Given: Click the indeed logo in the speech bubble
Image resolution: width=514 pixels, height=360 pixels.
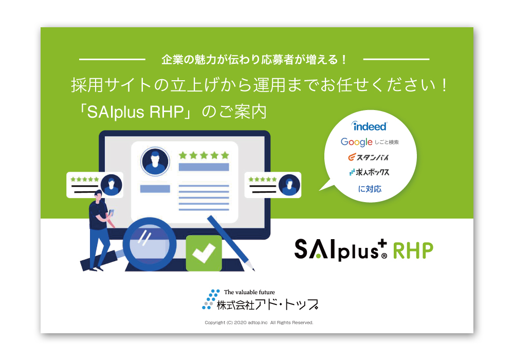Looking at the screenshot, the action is click(369, 126).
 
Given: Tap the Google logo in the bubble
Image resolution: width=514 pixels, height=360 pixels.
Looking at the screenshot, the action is click(356, 142).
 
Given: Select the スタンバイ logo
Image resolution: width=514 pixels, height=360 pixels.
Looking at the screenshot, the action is click(369, 157).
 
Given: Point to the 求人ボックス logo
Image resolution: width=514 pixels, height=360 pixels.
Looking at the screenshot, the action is click(369, 172).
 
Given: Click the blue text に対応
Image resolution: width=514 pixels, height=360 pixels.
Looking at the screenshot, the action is click(370, 189).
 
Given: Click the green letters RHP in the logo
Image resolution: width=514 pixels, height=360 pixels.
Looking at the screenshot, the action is click(413, 251).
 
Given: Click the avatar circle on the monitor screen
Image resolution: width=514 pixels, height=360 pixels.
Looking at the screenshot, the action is click(155, 161).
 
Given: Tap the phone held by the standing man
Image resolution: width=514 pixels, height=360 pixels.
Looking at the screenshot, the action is click(111, 212).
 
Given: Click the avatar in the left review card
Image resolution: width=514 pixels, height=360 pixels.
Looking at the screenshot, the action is click(112, 185).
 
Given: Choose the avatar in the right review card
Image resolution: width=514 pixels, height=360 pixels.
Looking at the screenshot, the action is click(289, 185).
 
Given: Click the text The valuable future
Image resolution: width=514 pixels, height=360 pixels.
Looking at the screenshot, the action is click(249, 292).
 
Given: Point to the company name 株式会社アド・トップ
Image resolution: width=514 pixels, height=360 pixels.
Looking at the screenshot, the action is click(267, 305).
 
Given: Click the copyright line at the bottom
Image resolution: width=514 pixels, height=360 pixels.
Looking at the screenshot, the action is click(259, 322).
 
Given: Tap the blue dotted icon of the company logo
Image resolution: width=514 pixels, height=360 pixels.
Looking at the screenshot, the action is click(210, 299).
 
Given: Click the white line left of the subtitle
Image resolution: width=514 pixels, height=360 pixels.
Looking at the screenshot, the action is click(112, 59).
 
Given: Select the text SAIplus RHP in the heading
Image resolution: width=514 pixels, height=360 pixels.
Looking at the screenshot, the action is click(135, 112).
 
